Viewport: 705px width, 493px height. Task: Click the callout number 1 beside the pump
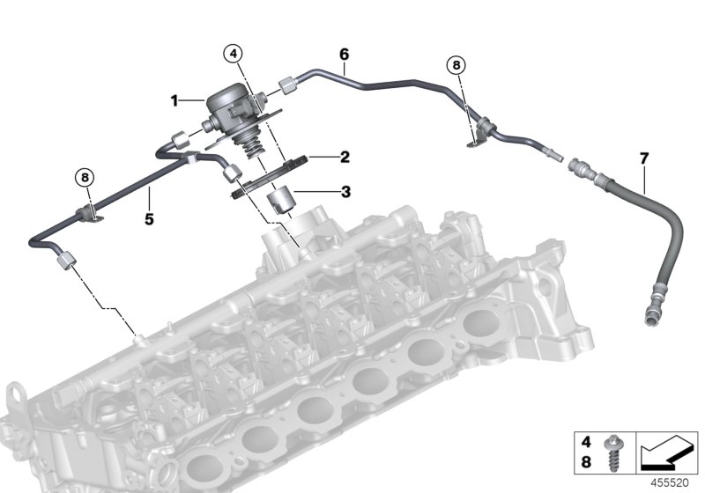(174, 101)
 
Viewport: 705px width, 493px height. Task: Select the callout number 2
(345, 158)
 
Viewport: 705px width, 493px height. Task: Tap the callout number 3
(345, 191)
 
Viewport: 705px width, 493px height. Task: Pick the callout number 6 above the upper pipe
(344, 54)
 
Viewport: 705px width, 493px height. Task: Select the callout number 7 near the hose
(643, 158)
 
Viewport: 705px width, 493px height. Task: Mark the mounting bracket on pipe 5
(88, 212)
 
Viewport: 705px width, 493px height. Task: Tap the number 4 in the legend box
(583, 437)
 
